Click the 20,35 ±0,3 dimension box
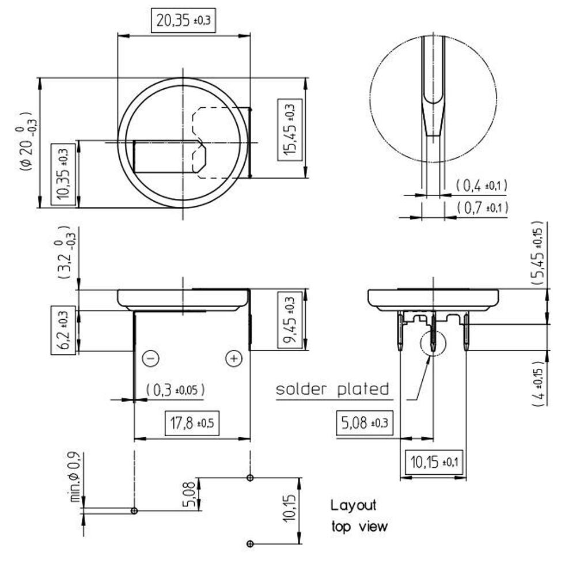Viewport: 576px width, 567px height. pyautogui.click(x=183, y=20)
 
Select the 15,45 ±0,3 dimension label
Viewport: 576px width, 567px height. pyautogui.click(x=289, y=128)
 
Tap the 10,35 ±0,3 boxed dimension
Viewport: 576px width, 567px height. pyautogui.click(x=63, y=174)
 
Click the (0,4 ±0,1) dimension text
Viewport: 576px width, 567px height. pyautogui.click(x=482, y=186)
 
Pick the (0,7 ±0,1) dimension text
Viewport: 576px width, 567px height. pyautogui.click(x=482, y=207)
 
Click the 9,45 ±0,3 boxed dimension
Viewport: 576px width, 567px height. pyautogui.click(x=289, y=320)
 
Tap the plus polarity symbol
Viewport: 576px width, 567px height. pyautogui.click(x=233, y=358)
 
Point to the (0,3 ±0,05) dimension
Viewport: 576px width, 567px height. pyautogui.click(x=175, y=390)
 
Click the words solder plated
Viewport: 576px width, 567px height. pyautogui.click(x=332, y=389)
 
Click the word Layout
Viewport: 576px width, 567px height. pyautogui.click(x=353, y=505)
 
